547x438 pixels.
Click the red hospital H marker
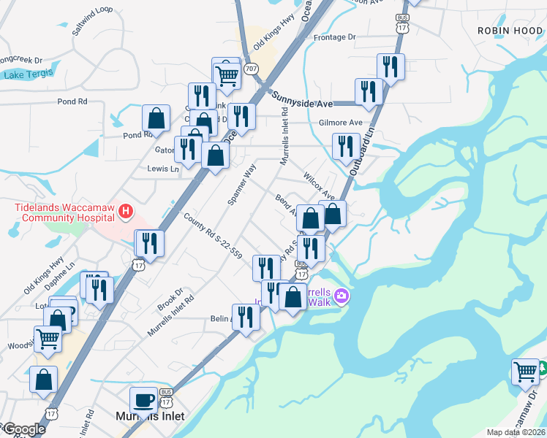[126, 212]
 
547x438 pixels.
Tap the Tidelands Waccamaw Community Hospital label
[64, 212]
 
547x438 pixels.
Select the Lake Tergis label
[24, 75]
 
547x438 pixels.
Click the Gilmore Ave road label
[340, 123]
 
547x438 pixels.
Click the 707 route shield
[252, 69]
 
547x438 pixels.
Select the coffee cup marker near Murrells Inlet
[143, 400]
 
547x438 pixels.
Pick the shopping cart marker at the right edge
[525, 371]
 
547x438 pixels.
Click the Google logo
[23, 429]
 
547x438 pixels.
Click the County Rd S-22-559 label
[213, 235]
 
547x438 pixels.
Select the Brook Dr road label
[170, 298]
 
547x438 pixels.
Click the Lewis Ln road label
[162, 169]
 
